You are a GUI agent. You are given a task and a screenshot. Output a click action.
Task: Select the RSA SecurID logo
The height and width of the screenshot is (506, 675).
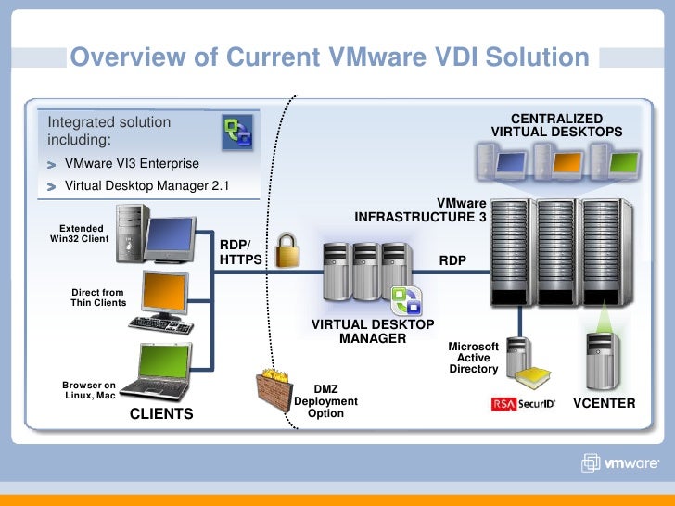tap(523, 404)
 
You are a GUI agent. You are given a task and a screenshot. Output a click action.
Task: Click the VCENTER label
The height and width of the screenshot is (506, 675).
tap(605, 404)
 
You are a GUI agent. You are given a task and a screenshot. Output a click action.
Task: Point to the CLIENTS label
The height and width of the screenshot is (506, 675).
tap(161, 414)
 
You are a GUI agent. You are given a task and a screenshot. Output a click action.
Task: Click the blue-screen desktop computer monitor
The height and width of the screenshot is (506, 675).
tap(170, 237)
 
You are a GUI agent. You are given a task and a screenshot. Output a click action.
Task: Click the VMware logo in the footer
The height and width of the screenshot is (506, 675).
tap(620, 464)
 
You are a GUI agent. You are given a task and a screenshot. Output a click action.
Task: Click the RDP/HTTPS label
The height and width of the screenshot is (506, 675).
tap(241, 253)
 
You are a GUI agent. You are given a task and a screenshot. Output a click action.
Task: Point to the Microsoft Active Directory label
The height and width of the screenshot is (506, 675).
tap(474, 358)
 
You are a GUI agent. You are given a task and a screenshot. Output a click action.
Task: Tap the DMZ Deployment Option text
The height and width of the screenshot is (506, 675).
tap(325, 401)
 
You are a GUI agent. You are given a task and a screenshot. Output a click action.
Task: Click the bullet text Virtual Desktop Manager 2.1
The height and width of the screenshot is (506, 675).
tap(146, 186)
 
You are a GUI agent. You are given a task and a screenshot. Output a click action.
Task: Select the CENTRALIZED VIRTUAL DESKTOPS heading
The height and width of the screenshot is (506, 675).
tap(556, 126)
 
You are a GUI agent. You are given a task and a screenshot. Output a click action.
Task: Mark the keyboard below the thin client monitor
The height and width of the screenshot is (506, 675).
tap(161, 325)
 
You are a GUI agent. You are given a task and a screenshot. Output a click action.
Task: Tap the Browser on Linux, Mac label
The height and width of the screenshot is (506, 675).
tap(89, 390)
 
